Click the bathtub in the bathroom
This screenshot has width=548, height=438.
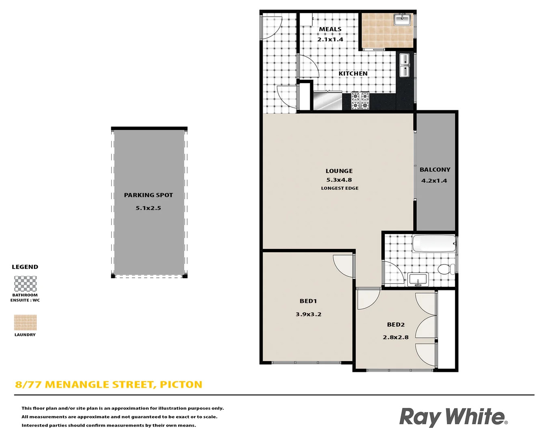click(434, 244)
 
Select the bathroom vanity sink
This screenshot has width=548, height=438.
click(418, 279)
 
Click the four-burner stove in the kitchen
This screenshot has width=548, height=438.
click(360, 101)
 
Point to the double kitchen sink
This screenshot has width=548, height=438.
click(404, 65)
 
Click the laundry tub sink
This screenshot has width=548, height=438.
click(402, 19)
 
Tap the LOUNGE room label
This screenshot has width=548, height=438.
click(339, 171)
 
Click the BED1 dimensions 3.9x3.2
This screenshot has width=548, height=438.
click(309, 314)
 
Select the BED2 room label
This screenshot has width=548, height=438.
click(396, 324)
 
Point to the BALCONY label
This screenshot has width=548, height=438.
click(435, 170)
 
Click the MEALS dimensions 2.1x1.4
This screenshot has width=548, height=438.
click(330, 39)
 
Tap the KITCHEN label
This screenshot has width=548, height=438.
click(353, 73)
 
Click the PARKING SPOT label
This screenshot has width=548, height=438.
click(148, 195)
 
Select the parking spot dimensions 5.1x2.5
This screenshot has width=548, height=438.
click(148, 208)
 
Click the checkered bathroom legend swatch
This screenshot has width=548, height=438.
click(25, 284)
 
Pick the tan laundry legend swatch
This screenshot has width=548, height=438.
click(25, 322)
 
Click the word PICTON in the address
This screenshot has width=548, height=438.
click(181, 384)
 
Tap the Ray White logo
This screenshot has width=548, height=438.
click(453, 417)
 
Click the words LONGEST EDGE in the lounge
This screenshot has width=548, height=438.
click(340, 188)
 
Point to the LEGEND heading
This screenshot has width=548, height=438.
click(25, 267)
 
